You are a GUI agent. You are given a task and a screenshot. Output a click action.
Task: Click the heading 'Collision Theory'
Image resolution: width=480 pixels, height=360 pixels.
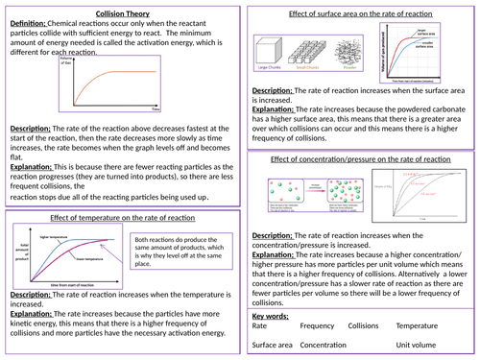(x=122, y=8)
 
